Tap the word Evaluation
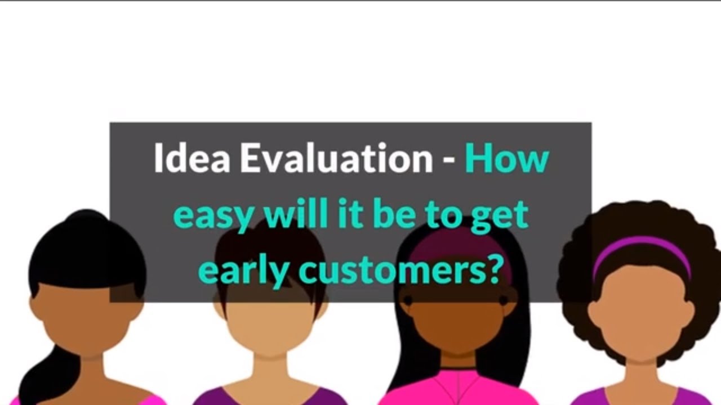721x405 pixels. [x=336, y=159]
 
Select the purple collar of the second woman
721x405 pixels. [x=225, y=397]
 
